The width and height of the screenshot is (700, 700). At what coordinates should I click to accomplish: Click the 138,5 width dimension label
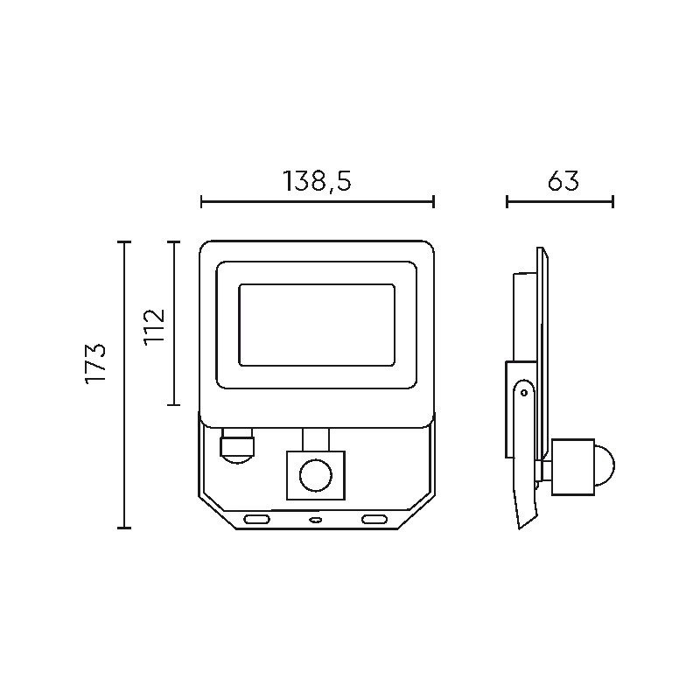tap(317, 182)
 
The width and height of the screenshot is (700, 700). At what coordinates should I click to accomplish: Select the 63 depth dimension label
tap(563, 180)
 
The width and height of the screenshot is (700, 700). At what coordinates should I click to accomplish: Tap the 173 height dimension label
tap(95, 363)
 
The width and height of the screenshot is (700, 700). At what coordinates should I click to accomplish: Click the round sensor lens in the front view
tap(316, 475)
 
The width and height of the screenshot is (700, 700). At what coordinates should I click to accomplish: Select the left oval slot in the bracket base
tap(256, 519)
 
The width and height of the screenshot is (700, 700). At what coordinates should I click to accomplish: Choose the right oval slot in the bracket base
tap(374, 519)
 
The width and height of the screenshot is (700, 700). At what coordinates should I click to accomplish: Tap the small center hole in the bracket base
tap(316, 520)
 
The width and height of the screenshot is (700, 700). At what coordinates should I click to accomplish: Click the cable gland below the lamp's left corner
tap(236, 446)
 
